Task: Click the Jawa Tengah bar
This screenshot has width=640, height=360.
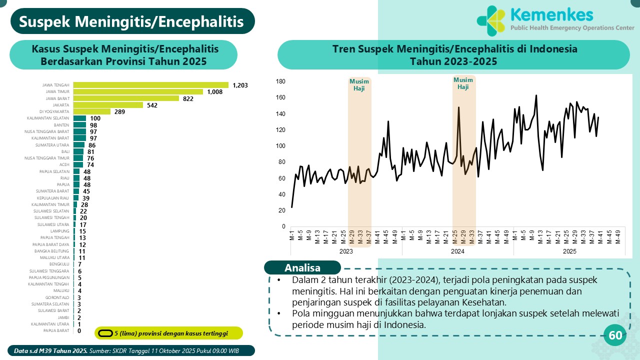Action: (150, 85)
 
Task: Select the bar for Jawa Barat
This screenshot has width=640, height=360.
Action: (126, 98)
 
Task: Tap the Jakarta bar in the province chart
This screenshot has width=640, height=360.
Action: (108, 105)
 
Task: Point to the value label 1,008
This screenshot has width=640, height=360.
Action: (215, 92)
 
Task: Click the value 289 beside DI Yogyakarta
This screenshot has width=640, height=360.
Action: (119, 111)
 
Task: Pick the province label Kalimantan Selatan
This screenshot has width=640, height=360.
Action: (48, 118)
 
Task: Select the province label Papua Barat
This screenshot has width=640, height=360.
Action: (56, 330)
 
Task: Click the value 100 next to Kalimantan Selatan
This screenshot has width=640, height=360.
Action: (95, 118)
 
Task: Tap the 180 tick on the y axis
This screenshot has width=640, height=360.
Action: (280, 81)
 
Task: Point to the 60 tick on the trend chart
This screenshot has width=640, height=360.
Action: (282, 178)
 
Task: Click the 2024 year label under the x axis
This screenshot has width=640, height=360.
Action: (457, 251)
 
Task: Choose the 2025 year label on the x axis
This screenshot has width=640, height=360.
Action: (569, 251)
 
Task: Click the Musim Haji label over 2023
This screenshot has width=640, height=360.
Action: (359, 85)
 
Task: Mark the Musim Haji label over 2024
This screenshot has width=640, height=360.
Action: (463, 83)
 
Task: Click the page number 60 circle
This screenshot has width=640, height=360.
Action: (615, 335)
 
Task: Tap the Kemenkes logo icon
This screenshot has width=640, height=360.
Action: (491, 21)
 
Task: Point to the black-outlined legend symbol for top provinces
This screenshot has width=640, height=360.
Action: (105, 333)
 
